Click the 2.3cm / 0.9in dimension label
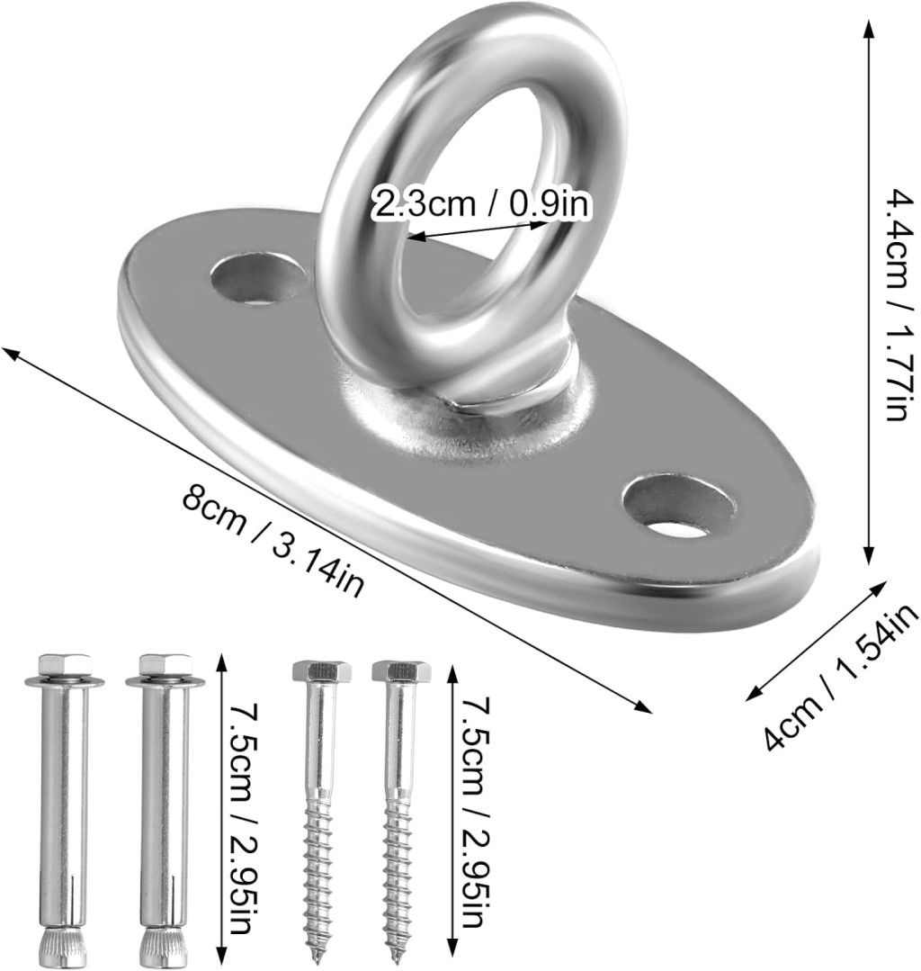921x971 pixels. point(481,203)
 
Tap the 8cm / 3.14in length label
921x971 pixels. point(273,543)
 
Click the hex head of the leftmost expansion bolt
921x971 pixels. point(65,665)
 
